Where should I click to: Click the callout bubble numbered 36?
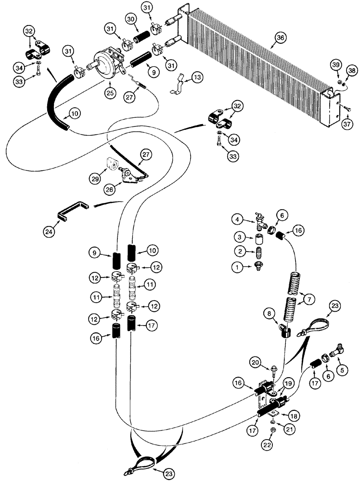click(x=278, y=38)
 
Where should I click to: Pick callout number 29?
click(x=94, y=178)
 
